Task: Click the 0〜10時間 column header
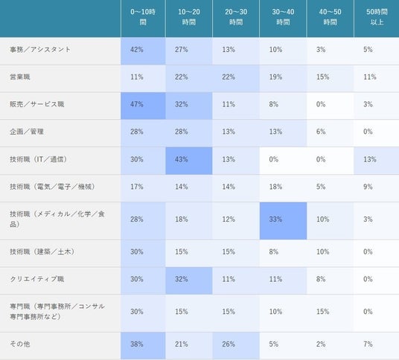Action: pyautogui.click(x=143, y=17)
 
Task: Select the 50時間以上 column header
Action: pyautogui.click(x=377, y=17)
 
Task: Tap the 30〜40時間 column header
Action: pyautogui.click(x=283, y=17)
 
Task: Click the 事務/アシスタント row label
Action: pyautogui.click(x=40, y=49)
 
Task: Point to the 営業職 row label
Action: pyautogui.click(x=20, y=77)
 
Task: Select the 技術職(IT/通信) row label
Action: pyautogui.click(x=39, y=159)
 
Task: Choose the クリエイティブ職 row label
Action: pyautogui.click(x=37, y=279)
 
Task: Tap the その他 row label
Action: pyautogui.click(x=20, y=344)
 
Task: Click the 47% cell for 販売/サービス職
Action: pyautogui.click(x=137, y=104)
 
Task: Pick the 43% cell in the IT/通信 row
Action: pyautogui.click(x=182, y=159)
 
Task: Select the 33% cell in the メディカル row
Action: pyautogui.click(x=275, y=219)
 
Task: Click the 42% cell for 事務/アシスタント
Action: pyautogui.click(x=137, y=50)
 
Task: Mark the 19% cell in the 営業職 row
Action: pyautogui.click(x=275, y=77)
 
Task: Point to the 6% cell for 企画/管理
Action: pyautogui.click(x=321, y=132)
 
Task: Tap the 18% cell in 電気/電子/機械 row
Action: pyautogui.click(x=275, y=187)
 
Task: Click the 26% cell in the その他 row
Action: pyautogui.click(x=229, y=344)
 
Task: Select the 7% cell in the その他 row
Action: pyautogui.click(x=368, y=344)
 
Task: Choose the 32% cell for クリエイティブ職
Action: pyautogui.click(x=182, y=279)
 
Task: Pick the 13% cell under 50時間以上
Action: pyautogui.click(x=370, y=159)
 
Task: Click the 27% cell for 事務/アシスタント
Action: pyautogui.click(x=182, y=50)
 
